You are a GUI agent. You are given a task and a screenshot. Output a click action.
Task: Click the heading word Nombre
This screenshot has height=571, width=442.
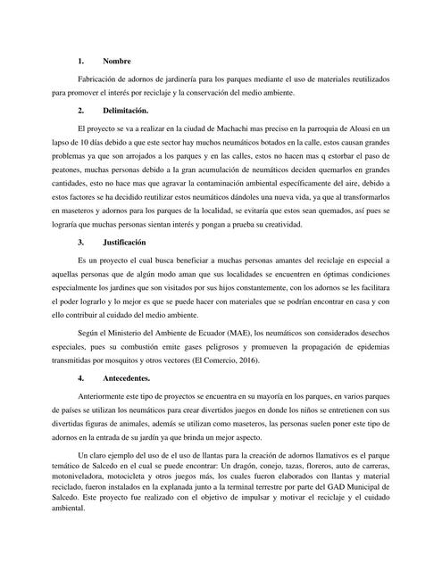tap(117, 61)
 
